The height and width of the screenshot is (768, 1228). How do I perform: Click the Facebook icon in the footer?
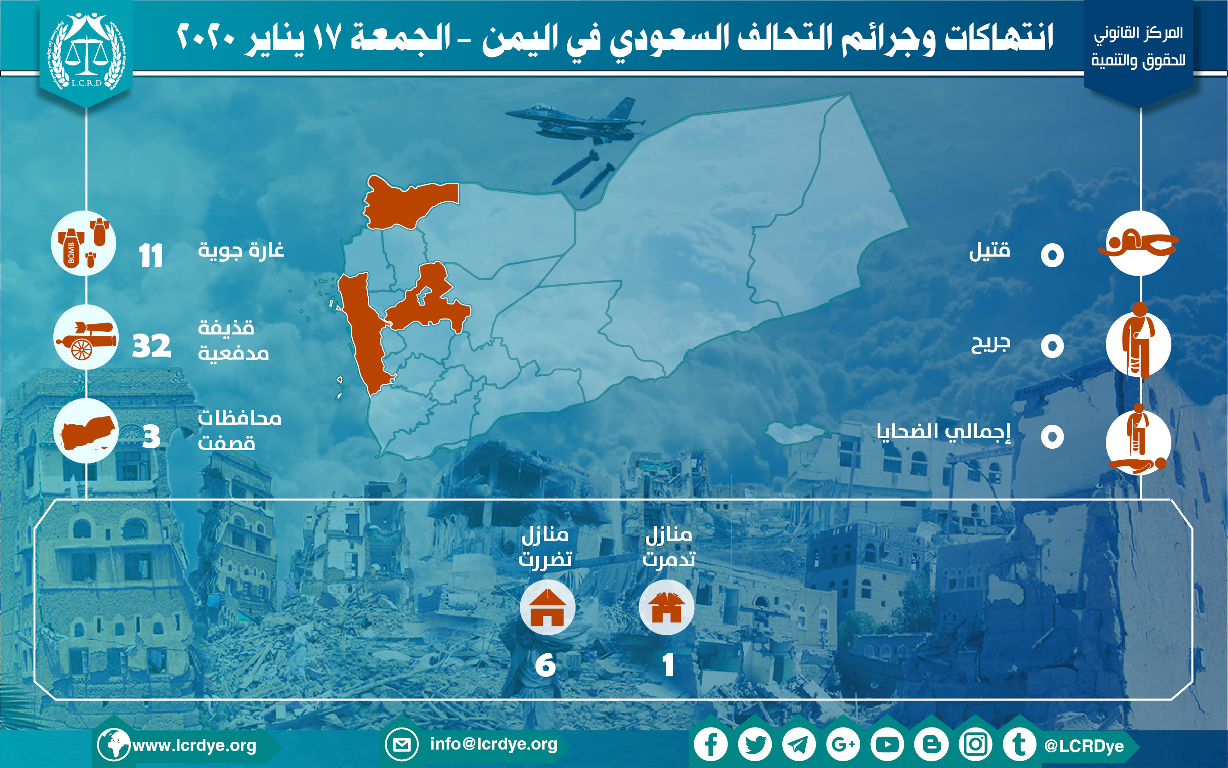coord(711,745)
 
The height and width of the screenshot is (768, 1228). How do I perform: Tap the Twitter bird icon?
coord(755,745)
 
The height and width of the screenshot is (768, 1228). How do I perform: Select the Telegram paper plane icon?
coord(799,745)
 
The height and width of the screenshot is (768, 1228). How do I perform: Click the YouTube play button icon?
coord(887,745)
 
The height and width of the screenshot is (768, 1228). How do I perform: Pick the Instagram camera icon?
coord(976,745)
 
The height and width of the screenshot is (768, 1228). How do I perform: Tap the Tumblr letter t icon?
coord(1019,745)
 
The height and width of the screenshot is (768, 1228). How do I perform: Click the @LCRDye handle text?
coord(1084,745)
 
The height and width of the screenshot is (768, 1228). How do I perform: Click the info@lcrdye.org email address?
coord(494,744)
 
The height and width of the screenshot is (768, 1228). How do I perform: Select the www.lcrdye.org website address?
coord(194,745)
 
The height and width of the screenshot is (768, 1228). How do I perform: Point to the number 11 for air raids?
coord(151,256)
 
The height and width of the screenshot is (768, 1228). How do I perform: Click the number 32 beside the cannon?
coord(151,346)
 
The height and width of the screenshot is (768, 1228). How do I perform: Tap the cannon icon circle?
coord(86,337)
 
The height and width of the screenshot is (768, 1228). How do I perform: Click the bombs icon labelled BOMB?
coord(84,243)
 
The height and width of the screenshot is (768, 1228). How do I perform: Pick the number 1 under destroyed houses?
coord(668,664)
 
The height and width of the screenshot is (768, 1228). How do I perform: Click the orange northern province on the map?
coord(406,203)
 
